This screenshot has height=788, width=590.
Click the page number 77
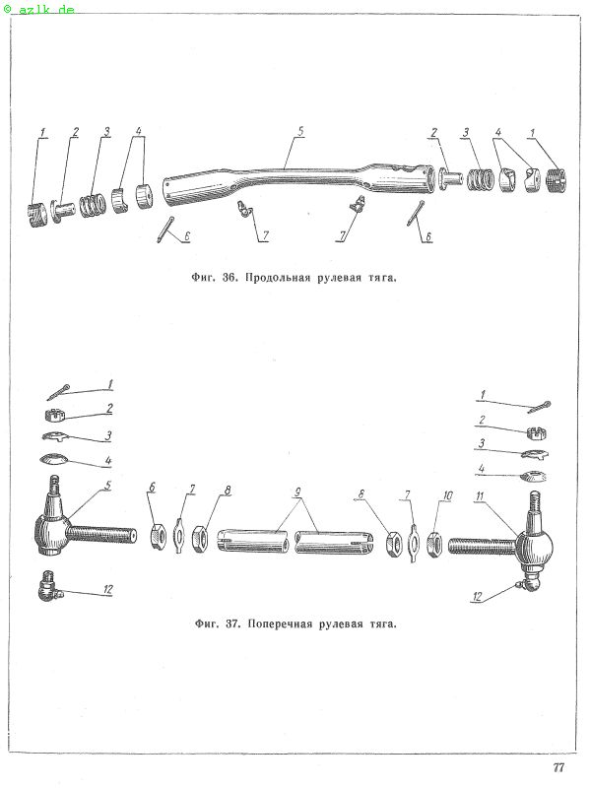[558, 767]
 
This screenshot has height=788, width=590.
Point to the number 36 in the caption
[229, 278]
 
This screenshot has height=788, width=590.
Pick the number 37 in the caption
[232, 624]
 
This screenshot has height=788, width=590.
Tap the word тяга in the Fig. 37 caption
[383, 624]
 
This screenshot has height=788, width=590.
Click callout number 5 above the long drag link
[300, 132]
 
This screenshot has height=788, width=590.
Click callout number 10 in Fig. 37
[447, 496]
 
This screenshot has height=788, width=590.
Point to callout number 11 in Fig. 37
[480, 496]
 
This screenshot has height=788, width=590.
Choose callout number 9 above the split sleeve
[297, 492]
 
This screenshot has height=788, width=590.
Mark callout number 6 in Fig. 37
[153, 487]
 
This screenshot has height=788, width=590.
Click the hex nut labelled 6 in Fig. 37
[158, 536]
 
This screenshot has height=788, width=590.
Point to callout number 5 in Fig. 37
[108, 486]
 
